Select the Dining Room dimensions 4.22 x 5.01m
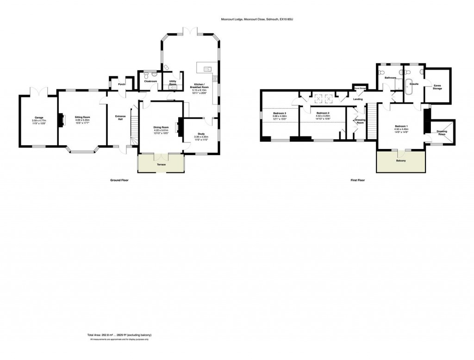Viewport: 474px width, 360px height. pyautogui.click(x=162, y=130)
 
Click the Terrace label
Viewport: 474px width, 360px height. pyautogui.click(x=161, y=164)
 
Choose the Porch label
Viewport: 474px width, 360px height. pyautogui.click(x=122, y=84)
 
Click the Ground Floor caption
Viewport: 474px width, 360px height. pyautogui.click(x=118, y=180)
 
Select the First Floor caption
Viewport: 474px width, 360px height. pyautogui.click(x=357, y=180)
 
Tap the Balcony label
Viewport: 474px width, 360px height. pyautogui.click(x=400, y=161)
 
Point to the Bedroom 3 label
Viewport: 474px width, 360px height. pyautogui.click(x=280, y=113)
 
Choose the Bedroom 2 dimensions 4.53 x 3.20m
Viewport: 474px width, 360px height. pyautogui.click(x=323, y=116)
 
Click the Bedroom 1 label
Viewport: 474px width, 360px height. pyautogui.click(x=401, y=126)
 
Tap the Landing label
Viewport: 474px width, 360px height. pyautogui.click(x=357, y=99)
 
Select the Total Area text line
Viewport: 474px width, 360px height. pyautogui.click(x=120, y=335)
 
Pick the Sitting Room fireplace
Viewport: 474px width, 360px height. pyautogui.click(x=60, y=120)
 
